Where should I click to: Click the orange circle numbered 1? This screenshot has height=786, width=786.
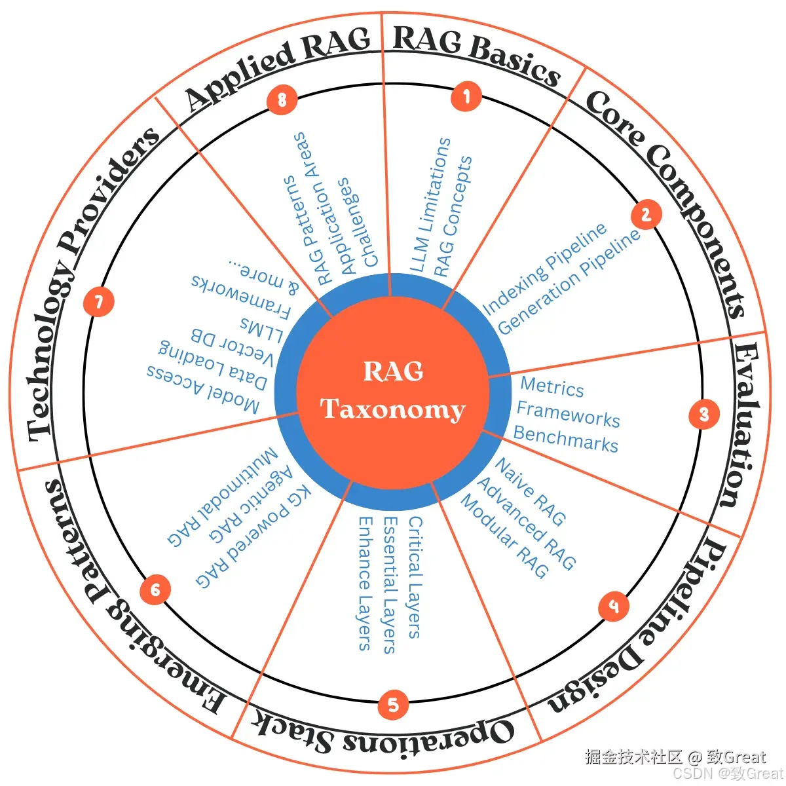(x=466, y=97)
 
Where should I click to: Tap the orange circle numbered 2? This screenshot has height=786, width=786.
(x=646, y=215)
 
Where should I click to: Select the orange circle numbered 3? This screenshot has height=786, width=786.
(x=704, y=414)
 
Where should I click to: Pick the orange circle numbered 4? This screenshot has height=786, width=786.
(x=614, y=605)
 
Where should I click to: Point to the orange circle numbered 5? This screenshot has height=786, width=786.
(x=393, y=705)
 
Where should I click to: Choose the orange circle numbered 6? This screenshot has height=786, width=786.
(x=155, y=590)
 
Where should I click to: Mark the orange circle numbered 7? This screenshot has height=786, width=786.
(x=98, y=302)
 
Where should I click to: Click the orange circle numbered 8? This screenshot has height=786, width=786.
(x=282, y=100)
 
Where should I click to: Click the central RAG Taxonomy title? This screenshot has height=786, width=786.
(x=393, y=390)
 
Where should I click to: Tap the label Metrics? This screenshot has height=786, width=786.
(x=552, y=387)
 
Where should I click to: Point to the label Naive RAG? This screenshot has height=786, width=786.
(x=530, y=492)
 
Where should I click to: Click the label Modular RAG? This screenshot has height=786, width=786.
(x=504, y=536)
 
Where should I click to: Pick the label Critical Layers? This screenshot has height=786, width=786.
(x=415, y=576)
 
